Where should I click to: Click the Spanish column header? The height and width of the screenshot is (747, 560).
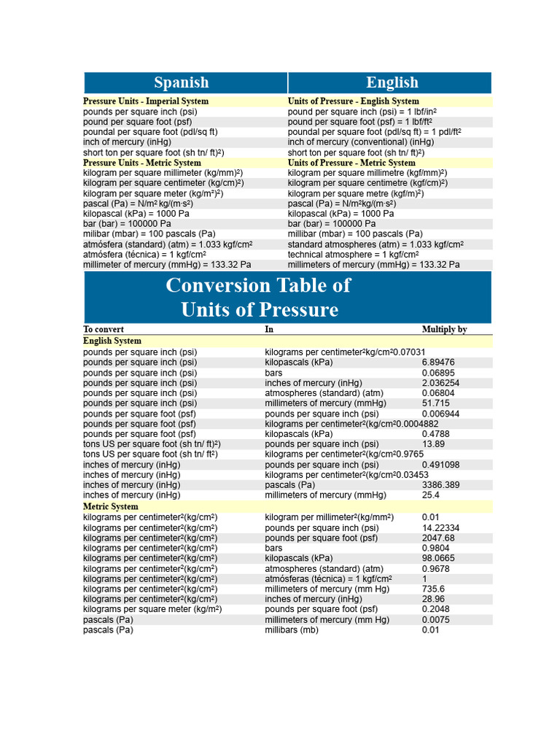[x=181, y=82]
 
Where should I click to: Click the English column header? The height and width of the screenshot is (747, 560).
[x=392, y=82]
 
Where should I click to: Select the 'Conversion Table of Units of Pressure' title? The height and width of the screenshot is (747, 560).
[x=258, y=297]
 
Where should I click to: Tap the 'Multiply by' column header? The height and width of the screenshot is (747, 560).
[x=444, y=330]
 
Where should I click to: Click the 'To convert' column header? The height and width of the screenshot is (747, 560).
[x=98, y=330]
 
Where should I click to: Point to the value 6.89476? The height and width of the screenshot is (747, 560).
[x=438, y=363]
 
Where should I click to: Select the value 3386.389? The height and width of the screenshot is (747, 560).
[x=440, y=485]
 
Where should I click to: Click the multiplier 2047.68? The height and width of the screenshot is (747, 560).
[x=438, y=538]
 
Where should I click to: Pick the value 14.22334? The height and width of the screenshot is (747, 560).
[x=440, y=528]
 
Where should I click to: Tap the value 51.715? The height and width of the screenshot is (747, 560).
[x=435, y=403]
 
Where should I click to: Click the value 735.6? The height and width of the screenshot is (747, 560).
[x=433, y=589]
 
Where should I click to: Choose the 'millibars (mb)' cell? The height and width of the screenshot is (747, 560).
[x=291, y=630]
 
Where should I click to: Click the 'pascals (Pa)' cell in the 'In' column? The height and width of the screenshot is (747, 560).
[x=289, y=485]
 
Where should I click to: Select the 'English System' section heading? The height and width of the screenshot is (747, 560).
[x=112, y=341]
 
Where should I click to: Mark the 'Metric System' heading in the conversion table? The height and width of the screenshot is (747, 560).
[x=109, y=506]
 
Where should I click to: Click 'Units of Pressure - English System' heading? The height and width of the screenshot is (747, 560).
[x=353, y=101]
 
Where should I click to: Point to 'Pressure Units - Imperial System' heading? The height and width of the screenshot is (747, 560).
[x=146, y=101]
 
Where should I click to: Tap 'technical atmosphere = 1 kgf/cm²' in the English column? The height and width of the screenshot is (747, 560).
[x=353, y=255]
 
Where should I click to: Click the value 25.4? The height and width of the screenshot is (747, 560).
[x=431, y=495]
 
